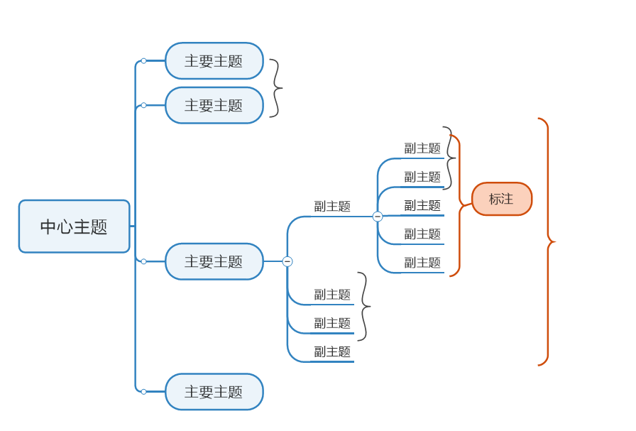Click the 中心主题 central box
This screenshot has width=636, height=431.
(x=74, y=227)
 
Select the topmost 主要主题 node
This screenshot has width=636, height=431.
(x=214, y=61)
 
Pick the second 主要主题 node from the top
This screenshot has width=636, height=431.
(x=214, y=105)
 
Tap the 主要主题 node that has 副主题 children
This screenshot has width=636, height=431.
(x=214, y=261)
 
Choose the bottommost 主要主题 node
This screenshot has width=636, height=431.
(x=214, y=392)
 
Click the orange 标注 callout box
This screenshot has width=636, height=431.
(x=501, y=199)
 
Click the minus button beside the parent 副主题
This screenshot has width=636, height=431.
(x=378, y=217)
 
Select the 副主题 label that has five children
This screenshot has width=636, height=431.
(x=332, y=207)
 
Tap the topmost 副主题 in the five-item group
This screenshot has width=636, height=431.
(x=422, y=148)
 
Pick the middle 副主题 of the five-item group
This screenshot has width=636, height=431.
(x=422, y=206)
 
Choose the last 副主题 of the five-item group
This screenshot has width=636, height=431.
(x=422, y=263)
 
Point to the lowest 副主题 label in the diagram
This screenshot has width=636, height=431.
(x=332, y=352)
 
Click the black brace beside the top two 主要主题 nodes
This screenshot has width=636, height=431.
(x=275, y=88)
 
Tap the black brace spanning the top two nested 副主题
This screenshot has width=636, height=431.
(x=449, y=158)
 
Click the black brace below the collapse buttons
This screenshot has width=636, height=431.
(x=364, y=307)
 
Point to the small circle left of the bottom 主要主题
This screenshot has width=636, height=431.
(x=143, y=392)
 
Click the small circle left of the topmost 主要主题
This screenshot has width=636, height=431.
(x=143, y=61)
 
